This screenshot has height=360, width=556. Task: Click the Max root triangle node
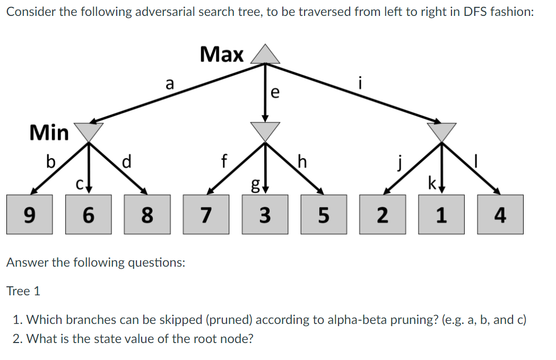(265, 55)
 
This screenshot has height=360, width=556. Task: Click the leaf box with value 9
(30, 215)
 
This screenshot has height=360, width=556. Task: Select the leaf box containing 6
(89, 215)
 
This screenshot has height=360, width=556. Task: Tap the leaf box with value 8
(147, 215)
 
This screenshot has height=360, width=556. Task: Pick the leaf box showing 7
(206, 215)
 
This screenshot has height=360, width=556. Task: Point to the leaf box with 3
(265, 215)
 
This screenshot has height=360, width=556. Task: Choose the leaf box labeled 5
(324, 215)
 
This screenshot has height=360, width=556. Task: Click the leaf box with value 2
(383, 215)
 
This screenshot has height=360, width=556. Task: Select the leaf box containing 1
(441, 215)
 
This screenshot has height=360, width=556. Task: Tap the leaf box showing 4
(500, 215)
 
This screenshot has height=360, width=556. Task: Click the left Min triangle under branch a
(88, 130)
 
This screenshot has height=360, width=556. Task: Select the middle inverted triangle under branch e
(265, 130)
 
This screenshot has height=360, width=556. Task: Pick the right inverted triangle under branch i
(441, 130)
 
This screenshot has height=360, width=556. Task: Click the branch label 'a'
(169, 83)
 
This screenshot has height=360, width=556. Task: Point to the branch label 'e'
(274, 92)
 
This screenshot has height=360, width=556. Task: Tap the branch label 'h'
(302, 161)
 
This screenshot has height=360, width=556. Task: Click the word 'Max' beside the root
(222, 54)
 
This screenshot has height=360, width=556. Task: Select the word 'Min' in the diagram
(49, 133)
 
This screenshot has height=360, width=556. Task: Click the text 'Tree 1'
(23, 291)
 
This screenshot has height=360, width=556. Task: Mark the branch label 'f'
(224, 160)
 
